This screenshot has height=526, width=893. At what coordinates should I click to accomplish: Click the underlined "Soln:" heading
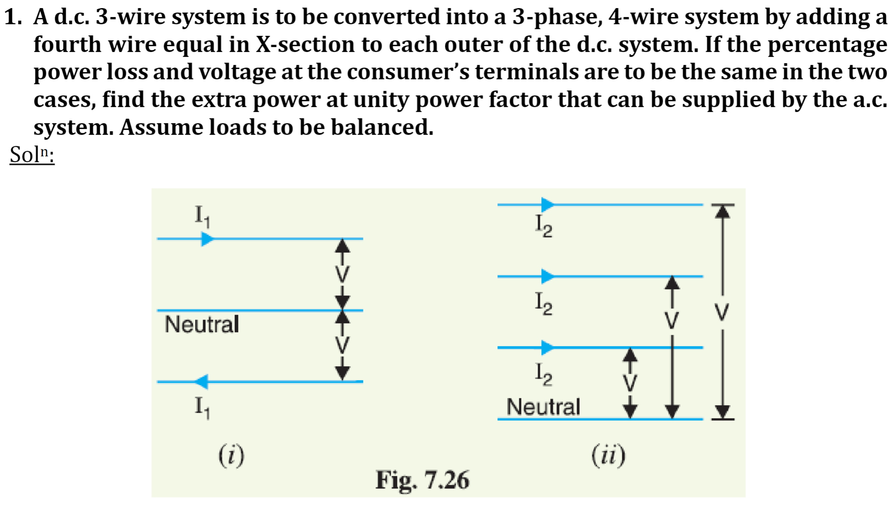pyautogui.click(x=32, y=155)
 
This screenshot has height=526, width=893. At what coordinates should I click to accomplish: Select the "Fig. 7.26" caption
pyautogui.click(x=422, y=480)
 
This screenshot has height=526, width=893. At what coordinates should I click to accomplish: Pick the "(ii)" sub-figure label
pyautogui.click(x=608, y=455)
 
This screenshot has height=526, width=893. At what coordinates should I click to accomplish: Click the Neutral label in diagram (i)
pyautogui.click(x=202, y=324)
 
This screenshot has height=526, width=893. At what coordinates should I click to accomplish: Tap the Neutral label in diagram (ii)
pyautogui.click(x=543, y=407)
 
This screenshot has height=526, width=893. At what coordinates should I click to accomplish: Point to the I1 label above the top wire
pyautogui.click(x=202, y=216)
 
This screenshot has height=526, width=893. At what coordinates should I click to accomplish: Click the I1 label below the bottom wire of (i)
pyautogui.click(x=202, y=407)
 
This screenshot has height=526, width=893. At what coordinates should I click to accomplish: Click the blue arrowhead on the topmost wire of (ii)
pyautogui.click(x=547, y=205)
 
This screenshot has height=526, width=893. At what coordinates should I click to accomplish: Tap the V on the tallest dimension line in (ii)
pyautogui.click(x=722, y=312)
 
